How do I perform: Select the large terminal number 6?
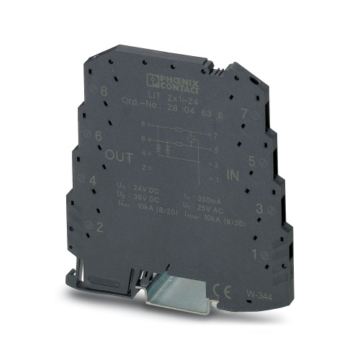click(98, 135)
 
